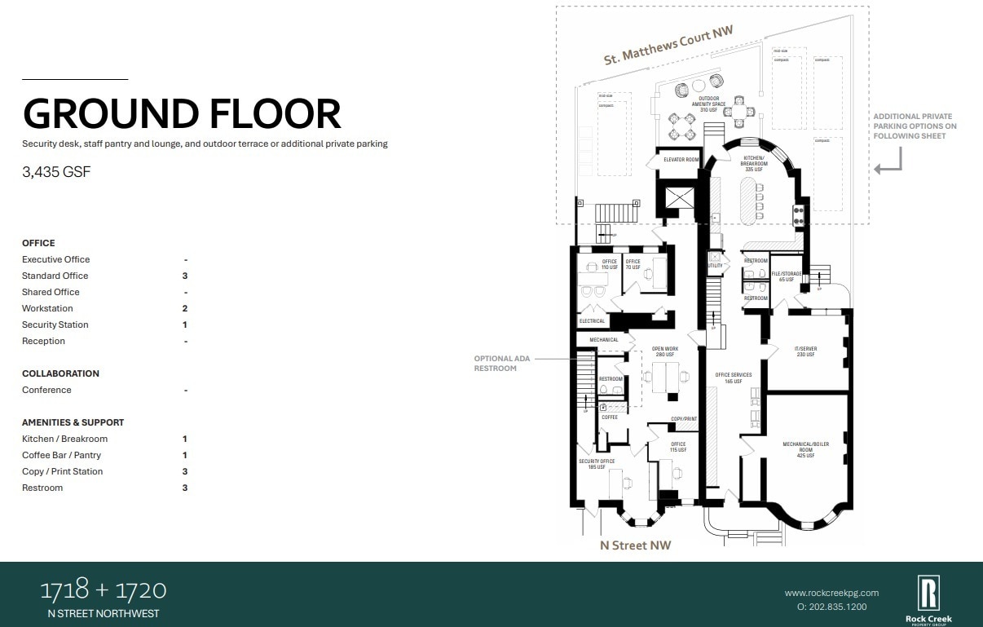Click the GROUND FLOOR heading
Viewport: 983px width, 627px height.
pyautogui.click(x=182, y=113)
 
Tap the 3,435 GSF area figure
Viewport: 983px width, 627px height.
pyautogui.click(x=56, y=172)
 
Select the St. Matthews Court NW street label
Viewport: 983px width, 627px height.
pyautogui.click(x=668, y=45)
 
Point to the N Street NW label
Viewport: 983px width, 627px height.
pyautogui.click(x=635, y=545)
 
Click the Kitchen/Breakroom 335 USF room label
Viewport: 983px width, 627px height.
pyautogui.click(x=753, y=164)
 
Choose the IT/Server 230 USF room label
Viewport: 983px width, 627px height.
pyautogui.click(x=805, y=351)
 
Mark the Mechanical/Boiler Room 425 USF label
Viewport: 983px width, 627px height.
pyautogui.click(x=805, y=449)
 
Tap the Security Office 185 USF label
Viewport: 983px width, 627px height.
pyautogui.click(x=596, y=464)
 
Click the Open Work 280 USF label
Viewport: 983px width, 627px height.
pyautogui.click(x=664, y=351)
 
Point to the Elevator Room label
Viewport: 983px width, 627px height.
pyautogui.click(x=681, y=160)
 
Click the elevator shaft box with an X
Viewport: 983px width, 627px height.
pyautogui.click(x=680, y=196)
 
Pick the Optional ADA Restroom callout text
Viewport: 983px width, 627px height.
pyautogui.click(x=496, y=364)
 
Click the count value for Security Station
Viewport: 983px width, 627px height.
pyautogui.click(x=185, y=325)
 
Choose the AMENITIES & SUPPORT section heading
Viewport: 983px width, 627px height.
pyautogui.click(x=73, y=422)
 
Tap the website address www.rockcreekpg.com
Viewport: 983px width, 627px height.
pyautogui.click(x=831, y=593)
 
